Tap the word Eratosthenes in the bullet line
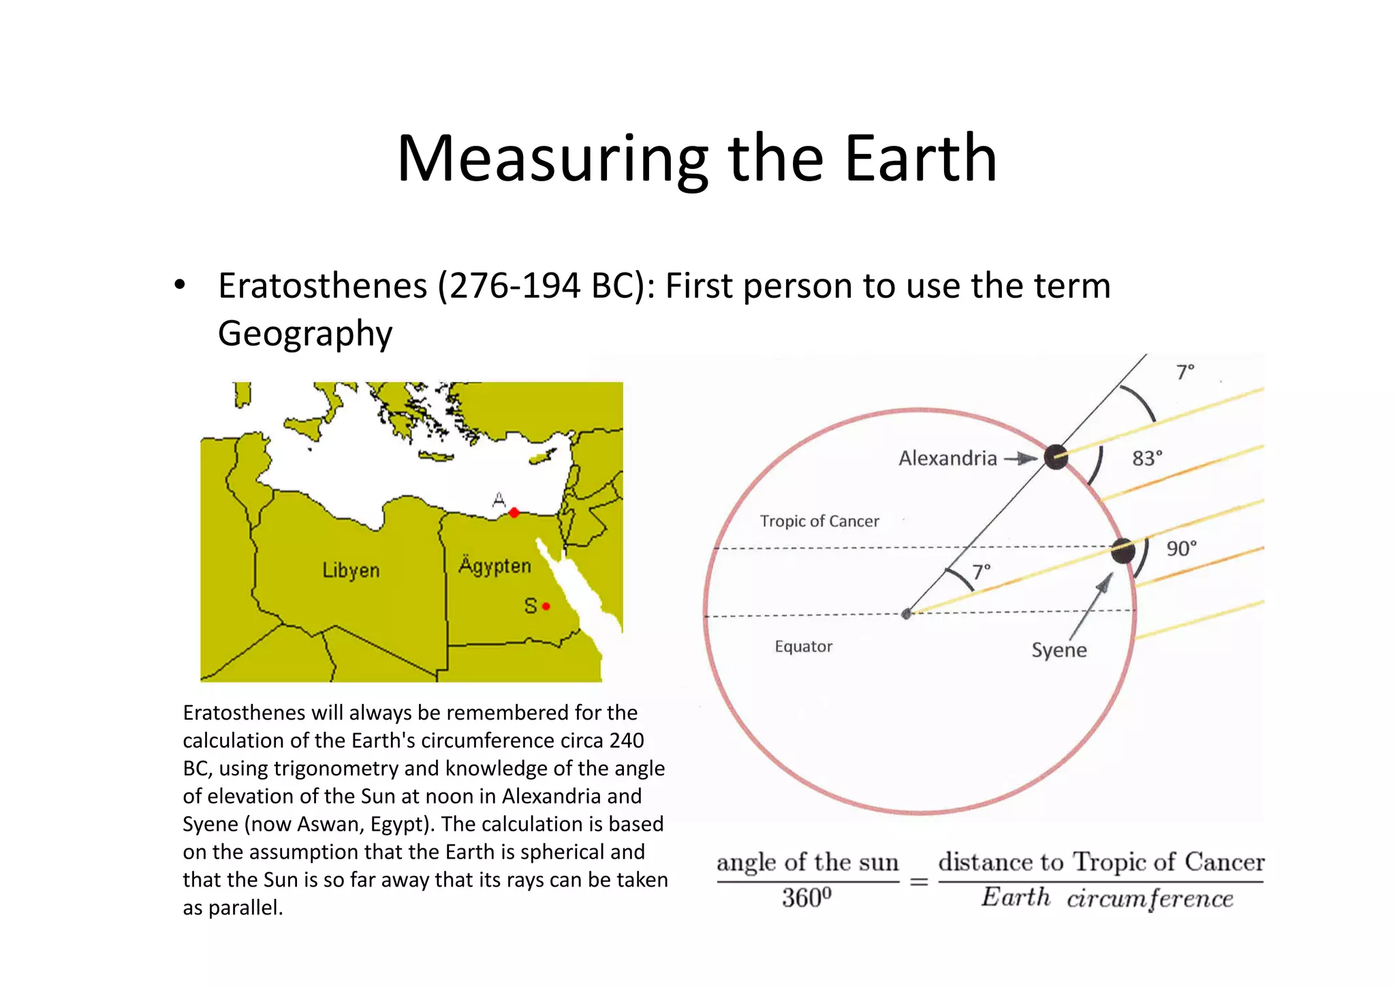coord(323,286)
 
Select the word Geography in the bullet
coord(305,333)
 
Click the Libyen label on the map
coord(351,570)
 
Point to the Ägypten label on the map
coord(495,566)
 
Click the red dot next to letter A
coord(514,512)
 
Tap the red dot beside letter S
coord(546,606)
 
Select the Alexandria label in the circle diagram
coord(947,458)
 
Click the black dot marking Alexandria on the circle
coord(1056,457)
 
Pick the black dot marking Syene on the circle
coord(1123,551)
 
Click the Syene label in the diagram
coord(1059,650)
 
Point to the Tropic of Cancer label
coord(819,521)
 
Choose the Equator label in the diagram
coord(804,647)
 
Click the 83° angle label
coord(1147,459)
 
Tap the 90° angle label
coord(1181,549)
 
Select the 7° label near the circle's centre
coord(981,571)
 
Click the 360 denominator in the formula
coord(806,898)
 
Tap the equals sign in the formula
coord(919,882)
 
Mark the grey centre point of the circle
coord(906,614)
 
